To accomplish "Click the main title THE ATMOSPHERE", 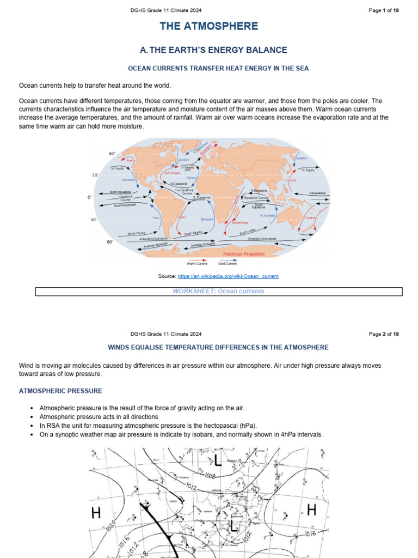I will [209, 26].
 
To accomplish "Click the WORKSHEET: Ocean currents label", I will [218, 291].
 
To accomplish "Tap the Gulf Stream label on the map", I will [172, 173].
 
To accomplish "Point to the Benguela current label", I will [207, 219].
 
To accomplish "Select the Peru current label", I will [157, 217].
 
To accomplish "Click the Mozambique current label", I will [240, 222].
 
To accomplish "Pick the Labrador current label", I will [183, 160].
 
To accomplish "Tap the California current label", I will [128, 180].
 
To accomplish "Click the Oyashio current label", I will [302, 158].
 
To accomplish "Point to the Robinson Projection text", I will [244, 254].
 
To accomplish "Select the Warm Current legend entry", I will [197, 263].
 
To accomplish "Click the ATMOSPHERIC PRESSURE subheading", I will [60, 391].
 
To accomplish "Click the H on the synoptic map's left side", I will [96, 513].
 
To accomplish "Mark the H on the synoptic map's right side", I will [312, 510].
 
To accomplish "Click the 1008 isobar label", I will [211, 475].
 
